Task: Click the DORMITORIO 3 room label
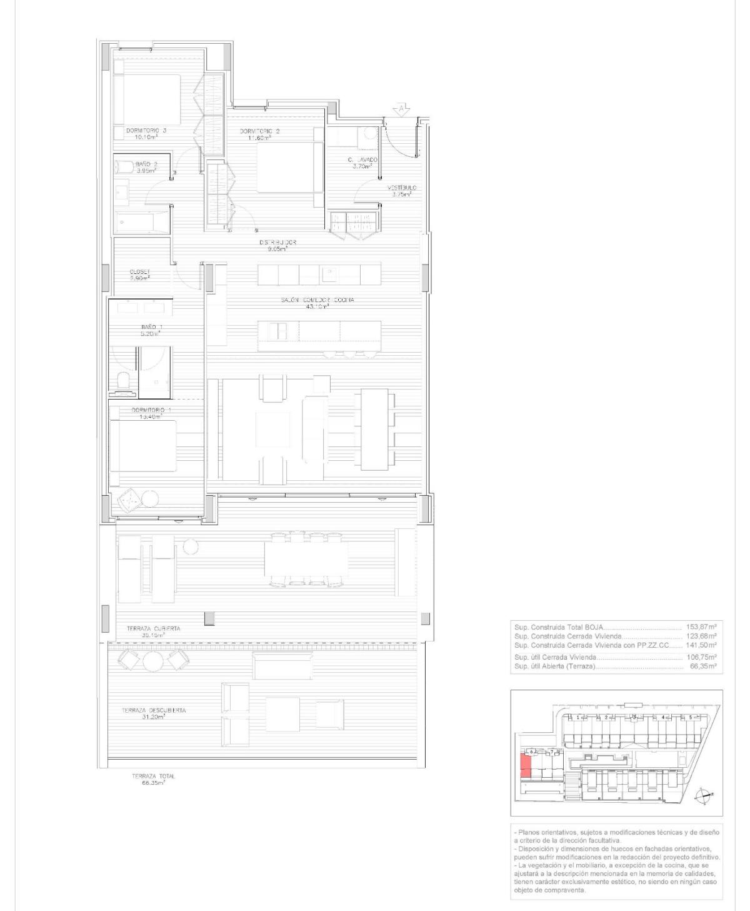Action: click(146, 131)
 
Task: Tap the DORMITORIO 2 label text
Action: click(260, 131)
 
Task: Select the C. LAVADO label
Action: click(362, 160)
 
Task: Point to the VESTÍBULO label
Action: click(401, 188)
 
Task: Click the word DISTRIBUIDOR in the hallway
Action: click(277, 243)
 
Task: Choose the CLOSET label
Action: click(139, 272)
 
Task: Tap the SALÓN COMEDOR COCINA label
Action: click(317, 300)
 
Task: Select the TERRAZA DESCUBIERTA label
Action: click(154, 710)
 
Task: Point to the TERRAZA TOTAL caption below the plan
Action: click(154, 776)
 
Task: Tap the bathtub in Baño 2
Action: click(142, 222)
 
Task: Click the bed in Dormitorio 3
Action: click(147, 100)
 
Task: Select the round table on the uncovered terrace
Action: click(152, 660)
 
